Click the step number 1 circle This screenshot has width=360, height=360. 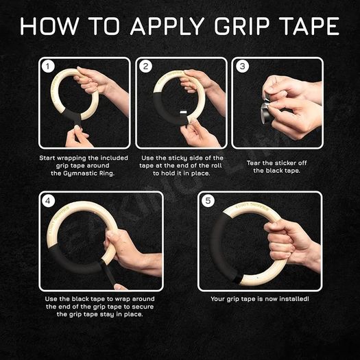(48, 67)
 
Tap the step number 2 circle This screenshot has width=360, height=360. (145, 67)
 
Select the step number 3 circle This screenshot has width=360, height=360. (243, 67)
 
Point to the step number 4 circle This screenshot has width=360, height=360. (48, 201)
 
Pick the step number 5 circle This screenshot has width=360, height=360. (208, 201)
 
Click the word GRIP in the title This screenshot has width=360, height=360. (242, 26)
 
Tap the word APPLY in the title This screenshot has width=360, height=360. (167, 26)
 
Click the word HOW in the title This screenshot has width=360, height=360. (49, 26)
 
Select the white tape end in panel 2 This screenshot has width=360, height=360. (184, 112)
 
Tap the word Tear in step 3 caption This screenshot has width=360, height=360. (254, 163)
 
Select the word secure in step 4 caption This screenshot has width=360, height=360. (143, 307)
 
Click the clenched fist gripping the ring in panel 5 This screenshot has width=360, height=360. (285, 242)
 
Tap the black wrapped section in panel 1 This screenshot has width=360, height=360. (72, 115)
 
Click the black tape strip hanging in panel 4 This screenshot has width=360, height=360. (107, 272)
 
